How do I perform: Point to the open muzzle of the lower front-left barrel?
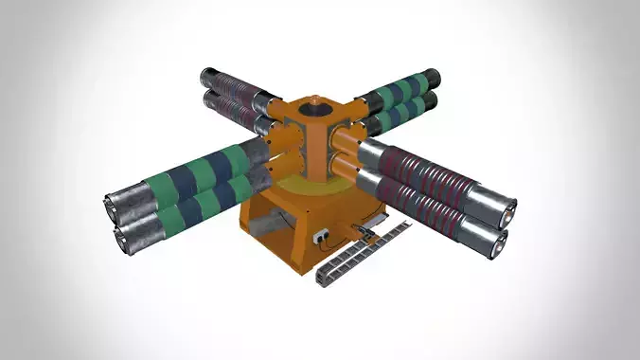click(x=123, y=240)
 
